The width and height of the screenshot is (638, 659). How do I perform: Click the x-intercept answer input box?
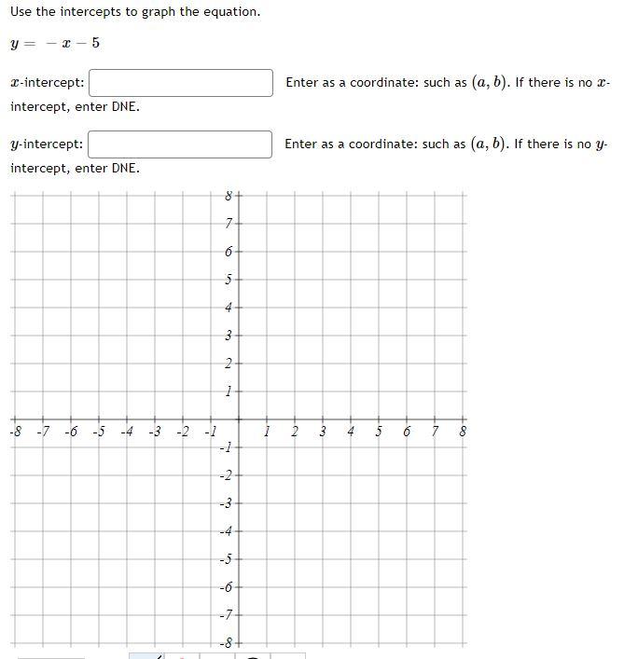point(181,82)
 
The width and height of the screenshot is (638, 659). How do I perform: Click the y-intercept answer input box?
point(181,144)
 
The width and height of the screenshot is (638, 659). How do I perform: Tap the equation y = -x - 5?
point(55,44)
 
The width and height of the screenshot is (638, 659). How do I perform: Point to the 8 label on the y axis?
point(229,196)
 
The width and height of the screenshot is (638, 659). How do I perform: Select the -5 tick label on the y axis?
point(225,559)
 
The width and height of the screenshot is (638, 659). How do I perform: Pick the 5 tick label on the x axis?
point(379,432)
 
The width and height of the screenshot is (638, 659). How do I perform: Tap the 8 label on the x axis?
point(464,432)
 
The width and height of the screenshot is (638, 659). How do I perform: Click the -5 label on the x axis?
point(99,432)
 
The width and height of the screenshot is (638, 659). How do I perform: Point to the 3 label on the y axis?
point(229,335)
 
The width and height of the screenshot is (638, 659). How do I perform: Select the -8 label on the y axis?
point(225,643)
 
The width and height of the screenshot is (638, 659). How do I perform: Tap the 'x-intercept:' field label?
point(48,83)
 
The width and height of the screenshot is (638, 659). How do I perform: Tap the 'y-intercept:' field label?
point(48,144)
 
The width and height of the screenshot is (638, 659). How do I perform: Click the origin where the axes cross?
point(239,419)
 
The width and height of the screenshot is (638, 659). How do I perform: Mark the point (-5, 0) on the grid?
point(99,419)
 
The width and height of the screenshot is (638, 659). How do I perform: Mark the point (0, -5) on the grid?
point(239,559)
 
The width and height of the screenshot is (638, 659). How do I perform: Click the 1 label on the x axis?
point(267,432)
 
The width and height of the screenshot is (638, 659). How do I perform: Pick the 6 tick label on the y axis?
point(229,251)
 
